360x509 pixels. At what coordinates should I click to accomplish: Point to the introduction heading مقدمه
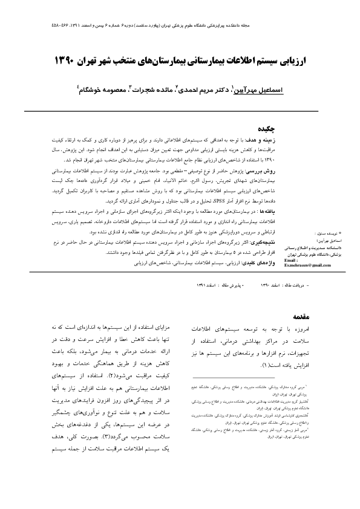301,316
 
